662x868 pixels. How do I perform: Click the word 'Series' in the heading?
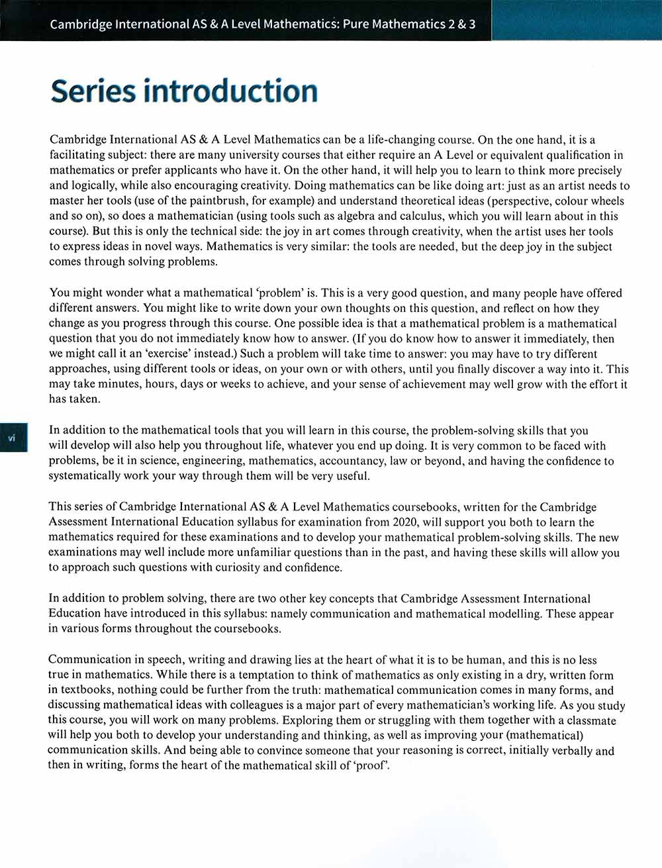tap(92, 91)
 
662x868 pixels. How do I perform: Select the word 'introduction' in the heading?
tap(230, 91)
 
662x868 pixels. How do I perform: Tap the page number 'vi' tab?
tap(12, 438)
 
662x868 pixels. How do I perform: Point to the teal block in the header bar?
tap(576, 21)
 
